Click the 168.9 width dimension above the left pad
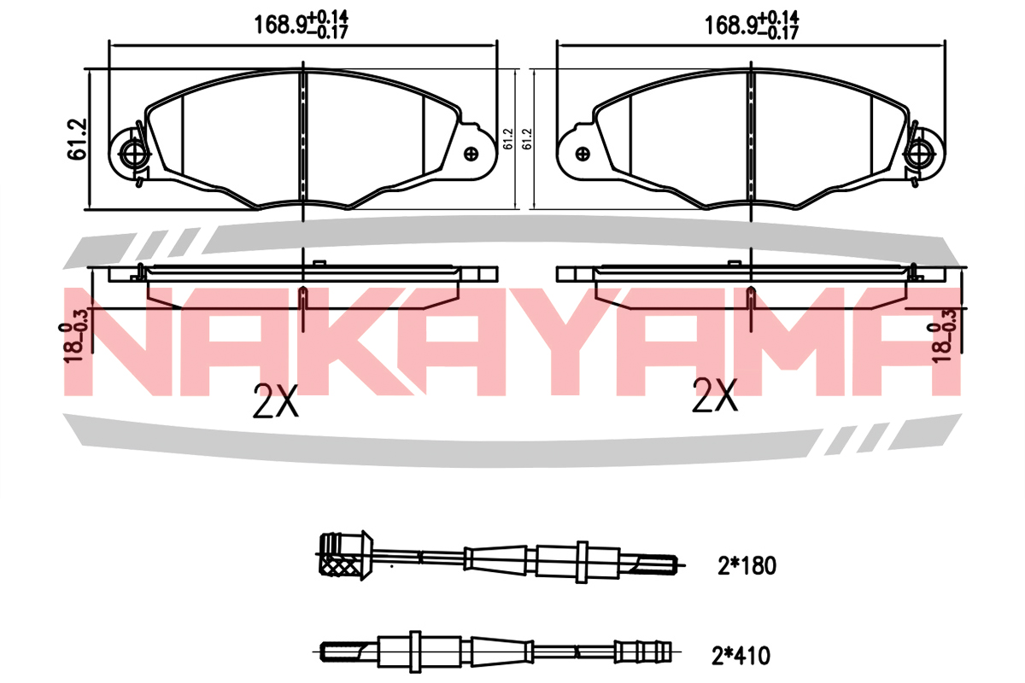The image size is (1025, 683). (301, 24)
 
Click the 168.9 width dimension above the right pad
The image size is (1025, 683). (752, 24)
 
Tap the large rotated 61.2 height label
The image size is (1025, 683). (77, 139)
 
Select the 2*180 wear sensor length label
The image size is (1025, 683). (747, 566)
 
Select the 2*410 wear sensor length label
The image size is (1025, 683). (741, 656)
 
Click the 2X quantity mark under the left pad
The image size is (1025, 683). (275, 400)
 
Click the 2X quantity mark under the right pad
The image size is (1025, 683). (714, 395)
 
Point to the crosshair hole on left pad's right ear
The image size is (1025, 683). (471, 154)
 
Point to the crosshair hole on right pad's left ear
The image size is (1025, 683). (583, 155)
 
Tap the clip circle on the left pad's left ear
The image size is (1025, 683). (132, 154)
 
